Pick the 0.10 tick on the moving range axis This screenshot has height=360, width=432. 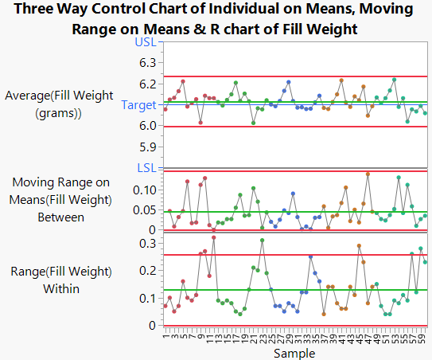pos(144,190)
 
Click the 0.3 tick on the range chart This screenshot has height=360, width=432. pos(148,243)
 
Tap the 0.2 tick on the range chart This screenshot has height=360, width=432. pos(148,271)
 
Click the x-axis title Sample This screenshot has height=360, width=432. pos(292,351)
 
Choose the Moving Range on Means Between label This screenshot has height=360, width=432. pos(50,199)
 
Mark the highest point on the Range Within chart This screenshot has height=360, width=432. pos(213,237)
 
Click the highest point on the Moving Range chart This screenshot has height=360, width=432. pos(368,174)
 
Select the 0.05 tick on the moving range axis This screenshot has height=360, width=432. pos(144,210)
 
